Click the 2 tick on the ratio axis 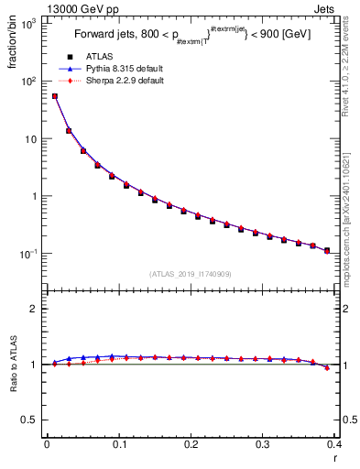point(34,309)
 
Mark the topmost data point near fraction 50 point(54,96)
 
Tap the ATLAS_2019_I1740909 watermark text point(190,274)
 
